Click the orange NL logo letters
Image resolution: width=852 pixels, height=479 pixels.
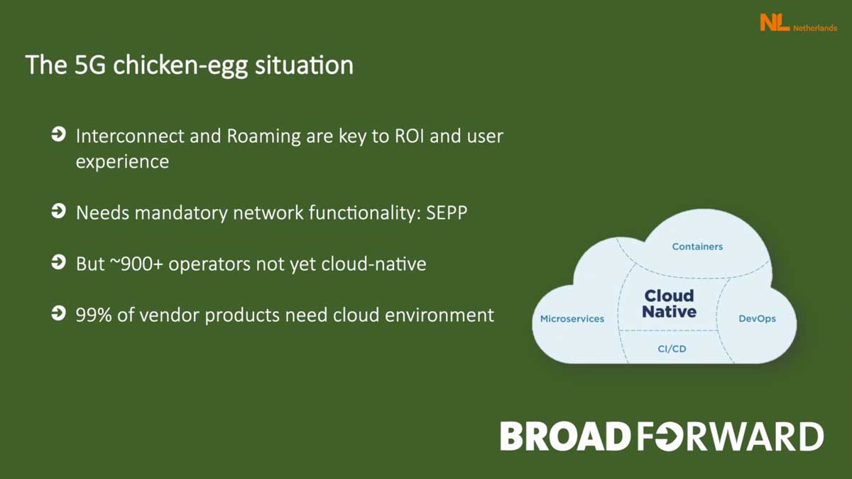pyautogui.click(x=775, y=23)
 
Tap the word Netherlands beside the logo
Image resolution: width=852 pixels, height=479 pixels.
pyautogui.click(x=815, y=28)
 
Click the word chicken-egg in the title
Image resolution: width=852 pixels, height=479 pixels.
pyautogui.click(x=180, y=65)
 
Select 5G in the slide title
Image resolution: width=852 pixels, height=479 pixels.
pyautogui.click(x=89, y=65)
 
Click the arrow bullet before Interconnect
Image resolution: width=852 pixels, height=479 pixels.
pyautogui.click(x=58, y=134)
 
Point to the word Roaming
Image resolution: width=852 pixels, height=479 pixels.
pyautogui.click(x=263, y=137)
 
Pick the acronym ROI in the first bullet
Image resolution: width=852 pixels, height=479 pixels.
pyautogui.click(x=409, y=136)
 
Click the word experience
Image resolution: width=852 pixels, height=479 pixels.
pyautogui.click(x=122, y=162)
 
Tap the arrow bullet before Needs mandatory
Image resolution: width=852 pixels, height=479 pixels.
pyautogui.click(x=58, y=211)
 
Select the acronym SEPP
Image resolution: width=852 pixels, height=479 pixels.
pyautogui.click(x=447, y=212)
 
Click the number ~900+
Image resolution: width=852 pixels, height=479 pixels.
pyautogui.click(x=136, y=264)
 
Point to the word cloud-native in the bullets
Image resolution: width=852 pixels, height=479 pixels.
pyautogui.click(x=373, y=264)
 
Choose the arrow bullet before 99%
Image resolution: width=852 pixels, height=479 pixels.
pyautogui.click(x=58, y=313)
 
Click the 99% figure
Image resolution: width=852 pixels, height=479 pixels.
pyautogui.click(x=94, y=315)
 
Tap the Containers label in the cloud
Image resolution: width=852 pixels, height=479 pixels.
pyautogui.click(x=697, y=247)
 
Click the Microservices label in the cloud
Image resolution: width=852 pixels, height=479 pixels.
pyautogui.click(x=572, y=318)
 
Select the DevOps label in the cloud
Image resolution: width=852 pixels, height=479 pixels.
pyautogui.click(x=757, y=318)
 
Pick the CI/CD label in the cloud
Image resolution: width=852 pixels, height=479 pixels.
pyautogui.click(x=672, y=349)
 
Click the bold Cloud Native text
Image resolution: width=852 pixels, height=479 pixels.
pyautogui.click(x=670, y=303)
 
